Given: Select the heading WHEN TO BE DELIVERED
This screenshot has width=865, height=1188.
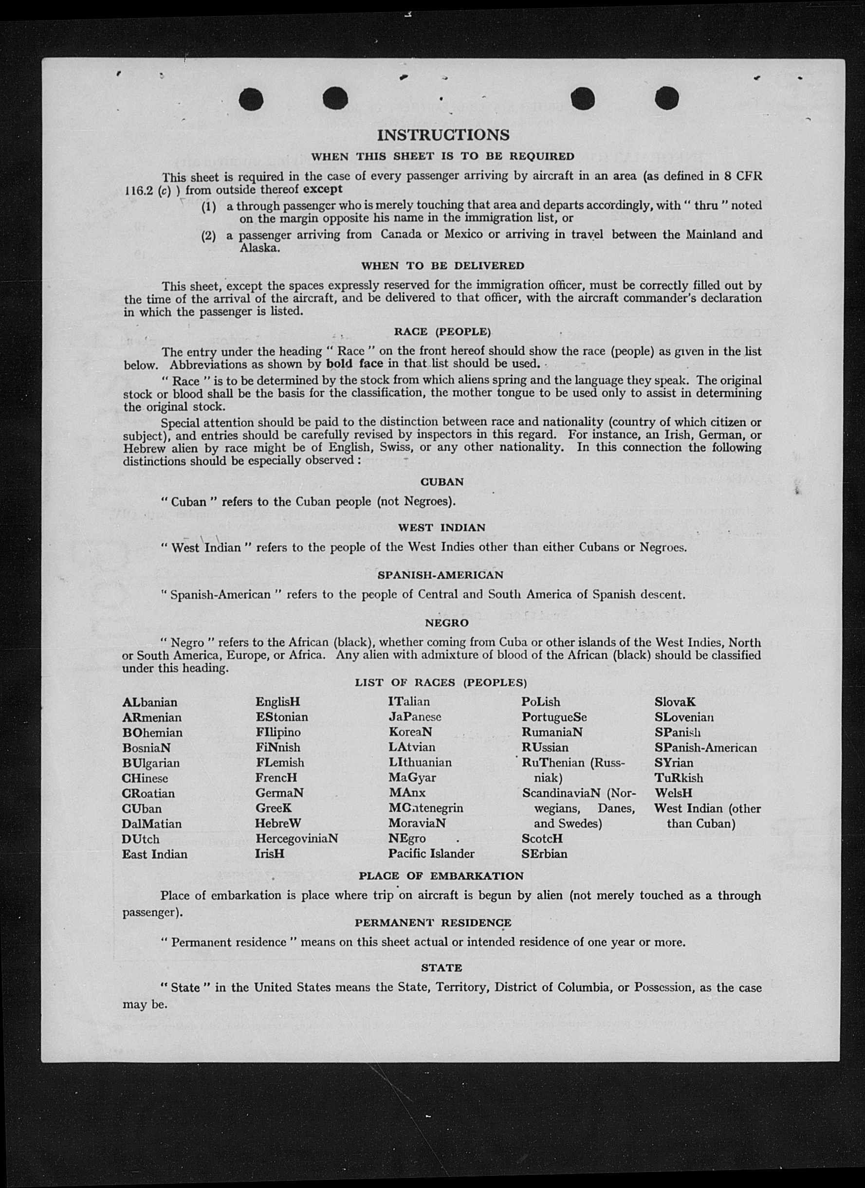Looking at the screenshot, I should click(x=442, y=266).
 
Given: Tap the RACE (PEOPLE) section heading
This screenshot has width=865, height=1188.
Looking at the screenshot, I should click(x=442, y=331).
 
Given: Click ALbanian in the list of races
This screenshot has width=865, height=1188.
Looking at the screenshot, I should click(x=150, y=702).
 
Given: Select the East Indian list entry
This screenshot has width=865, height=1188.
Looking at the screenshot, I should click(x=155, y=854).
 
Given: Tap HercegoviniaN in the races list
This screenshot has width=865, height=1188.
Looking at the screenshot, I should click(x=296, y=839).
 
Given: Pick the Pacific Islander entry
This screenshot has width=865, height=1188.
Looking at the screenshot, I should click(x=431, y=854).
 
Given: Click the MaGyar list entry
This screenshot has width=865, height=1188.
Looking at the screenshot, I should click(x=412, y=778).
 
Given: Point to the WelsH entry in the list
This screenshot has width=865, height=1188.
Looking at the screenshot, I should click(x=673, y=794).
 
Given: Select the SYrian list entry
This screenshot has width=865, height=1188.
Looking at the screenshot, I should click(x=674, y=763).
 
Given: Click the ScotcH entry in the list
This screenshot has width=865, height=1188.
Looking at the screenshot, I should click(x=542, y=839).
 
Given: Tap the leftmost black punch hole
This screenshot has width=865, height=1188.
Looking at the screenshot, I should click(x=251, y=99).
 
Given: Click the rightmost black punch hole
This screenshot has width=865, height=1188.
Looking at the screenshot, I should click(x=666, y=98).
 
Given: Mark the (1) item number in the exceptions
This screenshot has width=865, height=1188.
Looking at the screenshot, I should click(x=208, y=207).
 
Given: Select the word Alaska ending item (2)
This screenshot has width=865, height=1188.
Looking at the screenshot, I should click(x=259, y=248).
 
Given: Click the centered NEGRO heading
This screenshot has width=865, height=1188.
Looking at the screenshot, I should click(x=446, y=623).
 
